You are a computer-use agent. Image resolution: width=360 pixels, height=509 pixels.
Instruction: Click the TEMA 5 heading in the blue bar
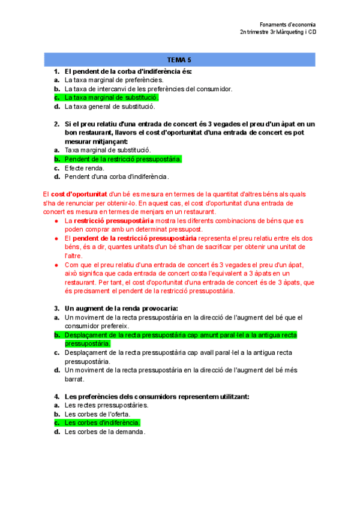[x=179, y=60]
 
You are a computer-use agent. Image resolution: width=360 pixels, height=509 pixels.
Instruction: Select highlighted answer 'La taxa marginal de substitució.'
[x=111, y=97]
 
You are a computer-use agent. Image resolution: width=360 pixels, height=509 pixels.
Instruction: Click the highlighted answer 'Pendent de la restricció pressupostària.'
[x=122, y=159]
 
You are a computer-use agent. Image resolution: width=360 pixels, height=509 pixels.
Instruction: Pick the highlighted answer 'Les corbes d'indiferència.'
[x=102, y=423]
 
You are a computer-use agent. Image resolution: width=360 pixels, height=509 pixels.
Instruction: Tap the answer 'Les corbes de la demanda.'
[x=104, y=432]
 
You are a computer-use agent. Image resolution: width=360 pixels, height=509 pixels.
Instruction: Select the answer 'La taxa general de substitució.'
[x=109, y=106]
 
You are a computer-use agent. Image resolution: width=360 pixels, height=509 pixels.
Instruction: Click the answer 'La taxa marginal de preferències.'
[x=113, y=79]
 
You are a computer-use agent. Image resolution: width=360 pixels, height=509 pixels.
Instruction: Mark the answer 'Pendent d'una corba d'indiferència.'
[x=116, y=177]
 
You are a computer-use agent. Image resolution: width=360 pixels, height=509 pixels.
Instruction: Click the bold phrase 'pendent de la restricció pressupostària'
[x=130, y=238]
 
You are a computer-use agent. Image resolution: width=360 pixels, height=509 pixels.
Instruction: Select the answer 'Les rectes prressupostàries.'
[x=106, y=405]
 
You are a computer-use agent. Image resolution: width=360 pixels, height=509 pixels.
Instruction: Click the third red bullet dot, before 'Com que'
[x=56, y=265]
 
